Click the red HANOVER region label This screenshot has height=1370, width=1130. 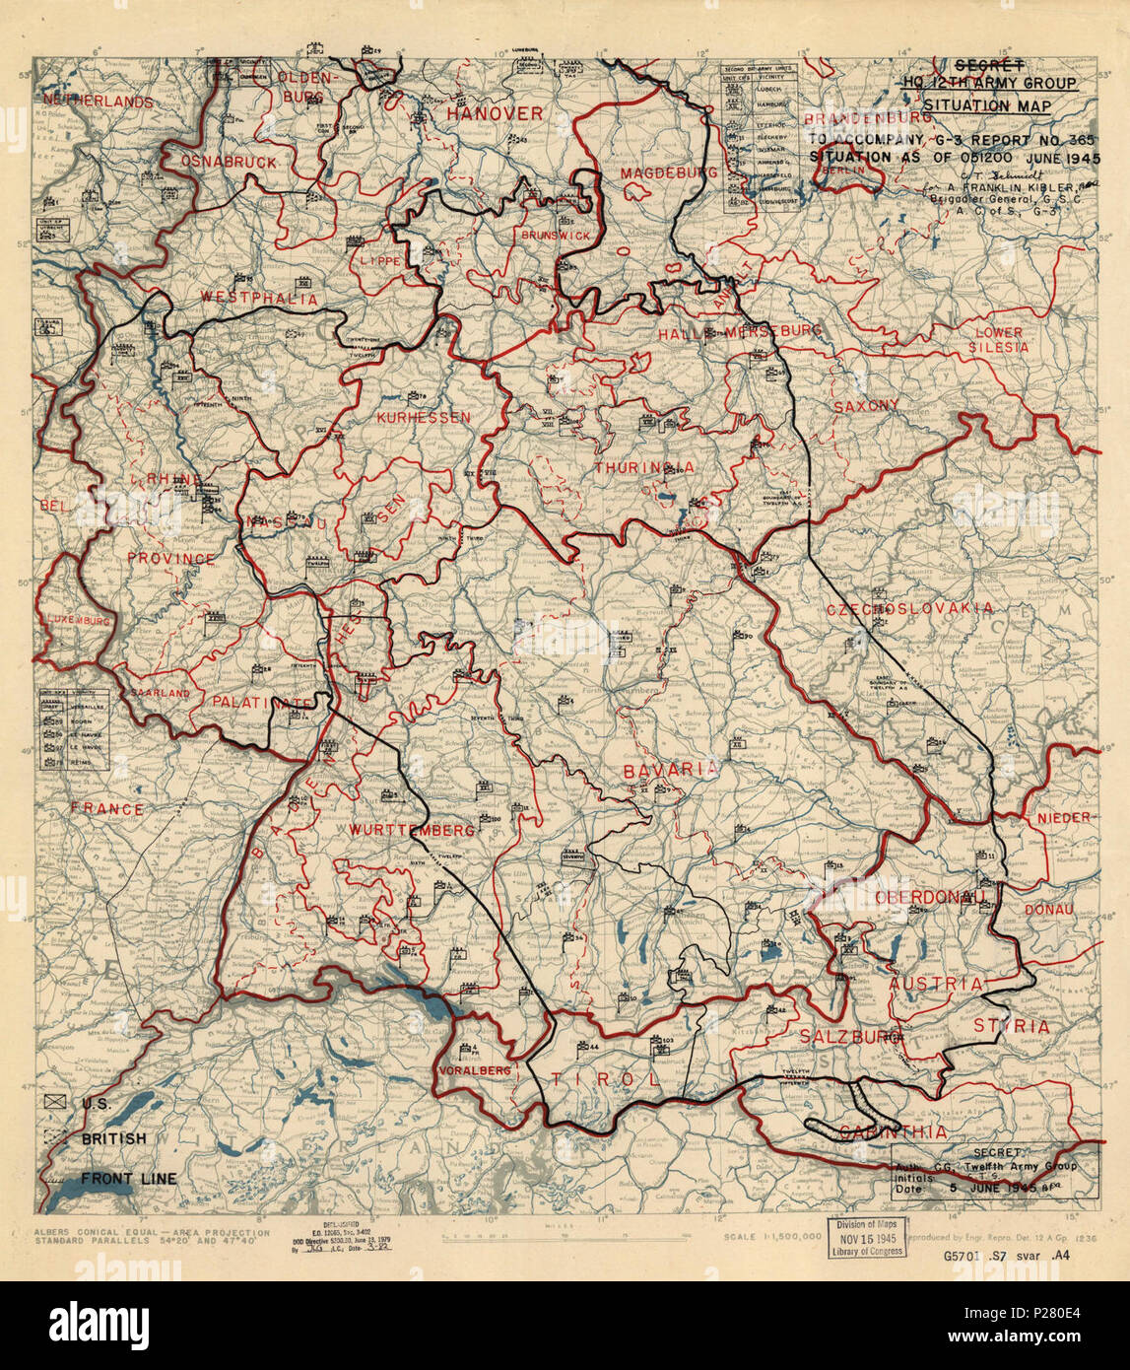pyautogui.click(x=495, y=114)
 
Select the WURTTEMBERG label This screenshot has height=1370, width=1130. pyautogui.click(x=411, y=831)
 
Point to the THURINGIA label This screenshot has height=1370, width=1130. pyautogui.click(x=643, y=467)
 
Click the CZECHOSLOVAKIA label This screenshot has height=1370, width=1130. pyautogui.click(x=909, y=608)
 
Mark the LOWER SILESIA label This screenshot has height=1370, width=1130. pyautogui.click(x=999, y=340)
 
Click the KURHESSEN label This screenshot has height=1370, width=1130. pyautogui.click(x=424, y=418)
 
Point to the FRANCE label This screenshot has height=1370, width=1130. pyautogui.click(x=107, y=810)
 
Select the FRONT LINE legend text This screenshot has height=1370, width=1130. pyautogui.click(x=128, y=1179)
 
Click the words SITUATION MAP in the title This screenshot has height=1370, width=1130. pyautogui.click(x=987, y=105)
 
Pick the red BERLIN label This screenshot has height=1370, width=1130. pyautogui.click(x=848, y=170)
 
